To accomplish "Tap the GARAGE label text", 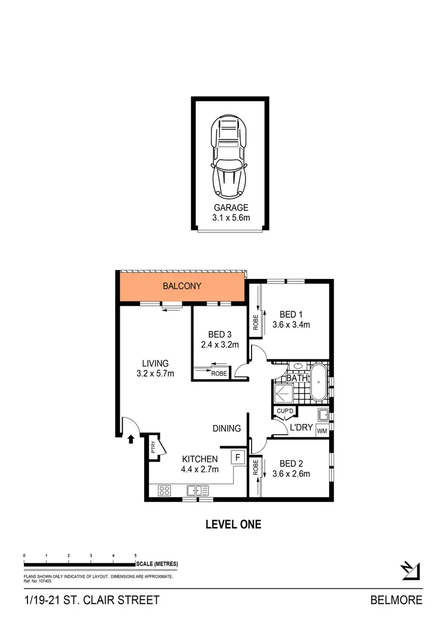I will tap(230, 208).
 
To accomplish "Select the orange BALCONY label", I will tap(182, 286).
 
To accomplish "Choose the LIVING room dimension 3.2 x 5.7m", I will tap(155, 374).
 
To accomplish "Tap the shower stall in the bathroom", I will tap(283, 392).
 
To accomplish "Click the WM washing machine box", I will tap(322, 430).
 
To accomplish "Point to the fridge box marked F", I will tap(238, 457).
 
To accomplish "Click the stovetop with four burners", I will tap(164, 491).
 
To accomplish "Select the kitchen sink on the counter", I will tap(197, 491).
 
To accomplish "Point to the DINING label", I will tap(226, 428).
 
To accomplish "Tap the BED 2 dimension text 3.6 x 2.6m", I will tap(291, 475).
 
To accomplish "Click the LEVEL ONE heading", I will tap(233, 525).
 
